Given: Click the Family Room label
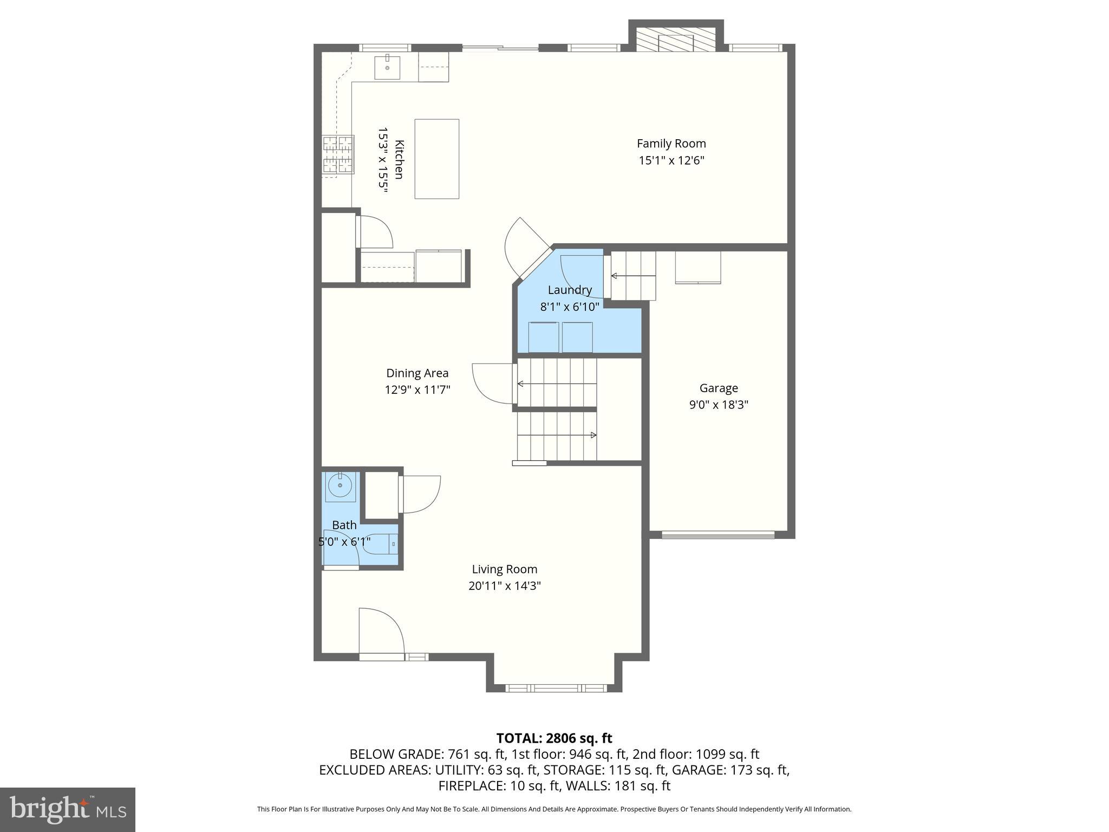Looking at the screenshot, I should coord(671,144).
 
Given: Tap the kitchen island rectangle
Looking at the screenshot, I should coord(436,159).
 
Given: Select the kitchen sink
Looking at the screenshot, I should coord(387,67).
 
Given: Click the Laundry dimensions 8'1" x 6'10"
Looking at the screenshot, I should coord(570,307).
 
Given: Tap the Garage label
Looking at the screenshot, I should coord(719,388).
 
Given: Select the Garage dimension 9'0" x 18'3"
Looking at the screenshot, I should coord(719,405).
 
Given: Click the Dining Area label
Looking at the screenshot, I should coord(417,373).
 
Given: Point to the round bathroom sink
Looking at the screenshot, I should coord(340,486).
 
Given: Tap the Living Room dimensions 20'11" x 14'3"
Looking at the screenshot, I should coord(505,586).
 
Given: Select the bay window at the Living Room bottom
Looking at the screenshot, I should coord(556,688).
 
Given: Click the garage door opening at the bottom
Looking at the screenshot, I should coord(718,535).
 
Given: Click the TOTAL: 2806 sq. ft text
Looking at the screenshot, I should coord(554,738).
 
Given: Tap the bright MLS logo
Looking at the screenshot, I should coord(68,810).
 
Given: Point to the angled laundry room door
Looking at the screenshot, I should coord(528,249).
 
